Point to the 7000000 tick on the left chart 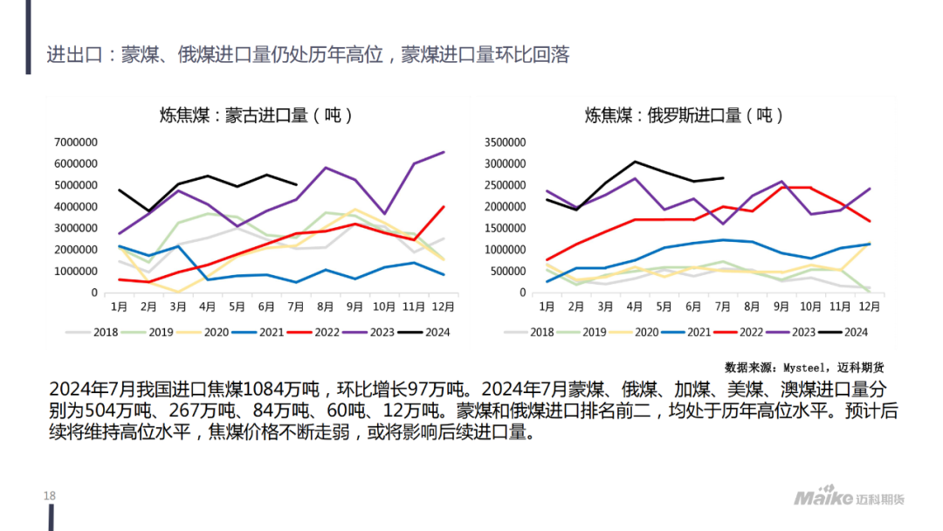(x=75, y=141)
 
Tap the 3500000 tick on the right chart (x=504, y=141)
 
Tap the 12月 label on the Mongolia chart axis (x=443, y=307)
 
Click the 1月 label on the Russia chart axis (x=546, y=307)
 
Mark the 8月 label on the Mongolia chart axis (x=325, y=307)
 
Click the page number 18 (x=49, y=497)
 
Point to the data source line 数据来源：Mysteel (x=803, y=368)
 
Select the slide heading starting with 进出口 (x=307, y=55)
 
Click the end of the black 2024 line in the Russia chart (x=723, y=178)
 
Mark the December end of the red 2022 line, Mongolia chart (x=444, y=207)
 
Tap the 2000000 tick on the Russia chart (x=504, y=206)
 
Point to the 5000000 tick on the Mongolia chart (x=75, y=185)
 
